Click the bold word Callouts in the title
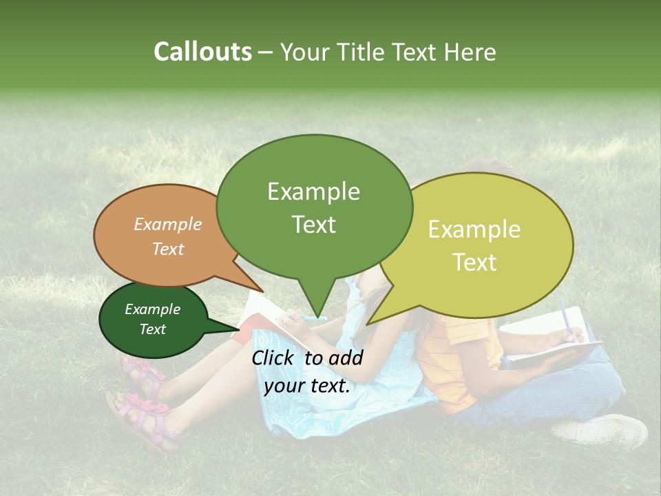click(x=202, y=52)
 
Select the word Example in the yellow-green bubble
click(x=474, y=229)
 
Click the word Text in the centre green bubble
click(x=313, y=225)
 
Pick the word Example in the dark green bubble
click(x=152, y=309)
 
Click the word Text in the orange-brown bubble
click(x=168, y=249)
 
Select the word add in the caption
click(x=346, y=358)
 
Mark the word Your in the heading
click(x=305, y=52)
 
